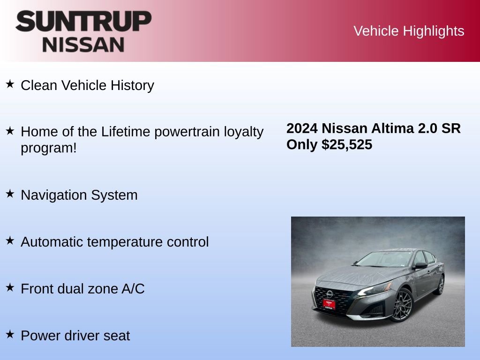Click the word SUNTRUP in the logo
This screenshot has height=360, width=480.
coord(83,22)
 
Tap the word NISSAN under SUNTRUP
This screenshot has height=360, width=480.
coord(83,45)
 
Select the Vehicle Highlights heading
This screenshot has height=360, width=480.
coord(409,31)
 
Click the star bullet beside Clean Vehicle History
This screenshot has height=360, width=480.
coord(10,84)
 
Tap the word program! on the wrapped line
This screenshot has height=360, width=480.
coord(48,148)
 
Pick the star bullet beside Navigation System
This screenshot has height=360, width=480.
coord(10,194)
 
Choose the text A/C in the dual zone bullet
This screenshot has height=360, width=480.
coord(133,289)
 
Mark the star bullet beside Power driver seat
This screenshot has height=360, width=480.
coord(10,335)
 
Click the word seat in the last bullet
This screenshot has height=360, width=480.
coord(117,336)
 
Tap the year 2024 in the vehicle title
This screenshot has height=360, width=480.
coord(302,128)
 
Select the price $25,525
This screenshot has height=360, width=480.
coord(347,144)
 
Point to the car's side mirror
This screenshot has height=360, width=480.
coord(420,265)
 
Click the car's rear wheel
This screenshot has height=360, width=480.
coord(440,285)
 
